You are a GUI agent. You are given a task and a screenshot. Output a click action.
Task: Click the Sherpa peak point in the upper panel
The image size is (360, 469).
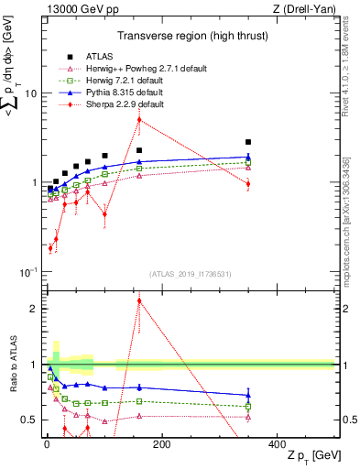tap(139, 119)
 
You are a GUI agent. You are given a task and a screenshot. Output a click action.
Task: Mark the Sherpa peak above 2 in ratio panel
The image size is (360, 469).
tap(139, 300)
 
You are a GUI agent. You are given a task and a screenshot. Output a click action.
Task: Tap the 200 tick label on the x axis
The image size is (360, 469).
tap(161, 444)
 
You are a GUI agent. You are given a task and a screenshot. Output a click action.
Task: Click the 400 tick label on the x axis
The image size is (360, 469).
tap(277, 444)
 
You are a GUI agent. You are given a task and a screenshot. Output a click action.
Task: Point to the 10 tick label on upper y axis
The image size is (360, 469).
tap(29, 94)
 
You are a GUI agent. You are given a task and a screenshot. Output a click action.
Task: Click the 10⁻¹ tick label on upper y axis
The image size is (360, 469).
tap(27, 272)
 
